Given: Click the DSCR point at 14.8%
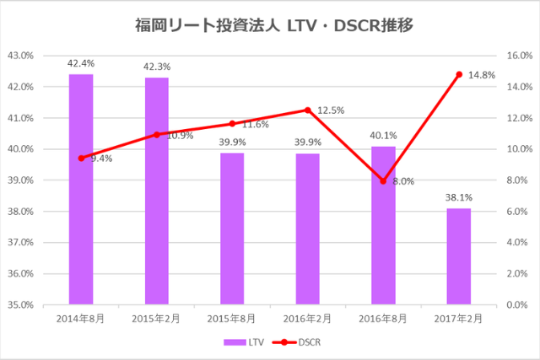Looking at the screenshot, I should (x=459, y=74).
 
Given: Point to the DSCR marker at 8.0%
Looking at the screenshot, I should (x=383, y=180).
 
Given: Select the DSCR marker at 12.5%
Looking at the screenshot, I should (x=308, y=110).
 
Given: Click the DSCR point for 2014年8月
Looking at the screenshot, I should (x=81, y=158).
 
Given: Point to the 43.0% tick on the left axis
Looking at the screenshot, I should (x=19, y=56).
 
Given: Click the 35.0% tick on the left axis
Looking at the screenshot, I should (x=19, y=304).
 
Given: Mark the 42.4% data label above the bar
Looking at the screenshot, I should (x=81, y=62).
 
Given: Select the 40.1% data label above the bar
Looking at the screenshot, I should (x=383, y=134).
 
